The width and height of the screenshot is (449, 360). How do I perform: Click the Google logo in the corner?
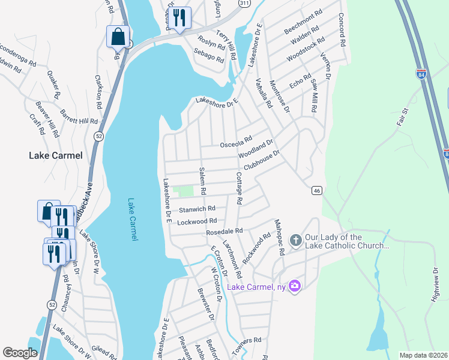[x=20, y=353]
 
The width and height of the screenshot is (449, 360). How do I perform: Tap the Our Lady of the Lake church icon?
[x=295, y=241]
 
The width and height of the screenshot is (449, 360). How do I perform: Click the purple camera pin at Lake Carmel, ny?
[x=294, y=286]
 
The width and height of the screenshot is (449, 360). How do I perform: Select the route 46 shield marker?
[x=318, y=190]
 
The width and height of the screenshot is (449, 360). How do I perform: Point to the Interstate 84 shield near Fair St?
[x=421, y=74]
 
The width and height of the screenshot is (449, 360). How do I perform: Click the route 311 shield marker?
[x=243, y=3]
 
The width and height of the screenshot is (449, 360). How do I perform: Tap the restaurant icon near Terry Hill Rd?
[x=179, y=18]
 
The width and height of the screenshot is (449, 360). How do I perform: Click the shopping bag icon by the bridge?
[x=118, y=37]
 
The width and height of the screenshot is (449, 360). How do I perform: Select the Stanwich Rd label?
[x=197, y=209]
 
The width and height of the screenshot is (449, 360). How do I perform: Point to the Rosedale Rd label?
[x=224, y=231]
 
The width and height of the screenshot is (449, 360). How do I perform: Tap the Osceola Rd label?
[x=235, y=144]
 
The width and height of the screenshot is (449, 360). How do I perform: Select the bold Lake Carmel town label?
[x=55, y=155]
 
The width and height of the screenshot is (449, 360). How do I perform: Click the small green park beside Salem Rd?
[x=184, y=191]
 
